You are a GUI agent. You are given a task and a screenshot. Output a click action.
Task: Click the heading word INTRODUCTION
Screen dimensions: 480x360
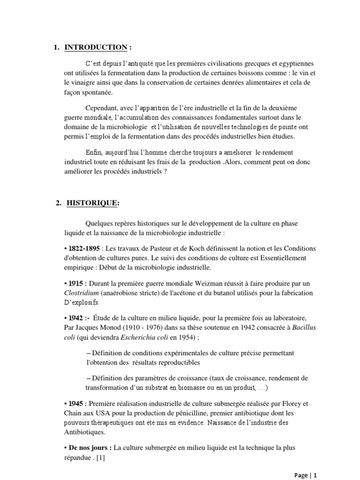[x=96, y=47]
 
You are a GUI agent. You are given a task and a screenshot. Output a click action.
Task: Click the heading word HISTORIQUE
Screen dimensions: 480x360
[x=92, y=203]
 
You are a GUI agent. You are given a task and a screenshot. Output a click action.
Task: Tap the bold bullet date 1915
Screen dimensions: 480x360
[x=75, y=284]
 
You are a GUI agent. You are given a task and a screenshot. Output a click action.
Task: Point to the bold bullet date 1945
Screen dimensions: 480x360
[x=75, y=404]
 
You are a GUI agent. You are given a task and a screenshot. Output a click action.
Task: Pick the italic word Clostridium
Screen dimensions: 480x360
[x=82, y=293]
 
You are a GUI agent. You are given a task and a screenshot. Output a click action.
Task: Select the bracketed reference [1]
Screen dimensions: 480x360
[x=100, y=457]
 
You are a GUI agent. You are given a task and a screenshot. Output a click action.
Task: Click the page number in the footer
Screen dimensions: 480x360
[x=315, y=475]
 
